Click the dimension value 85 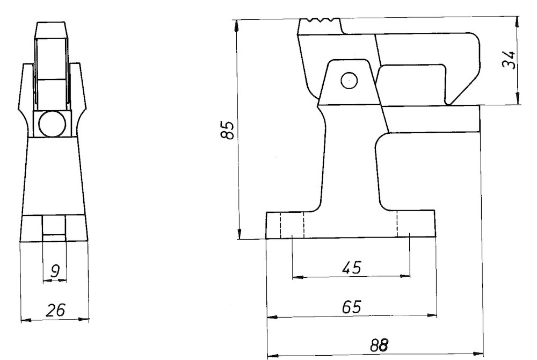pos(228,130)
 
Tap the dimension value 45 pos(352,267)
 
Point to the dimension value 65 pos(352,307)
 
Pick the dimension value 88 pos(380,345)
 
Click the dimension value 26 pos(55,310)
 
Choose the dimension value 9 pos(55,271)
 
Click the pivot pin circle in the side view pos(350,81)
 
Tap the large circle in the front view pos(53,124)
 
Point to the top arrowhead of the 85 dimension pos(236,25)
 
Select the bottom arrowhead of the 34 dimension pos(518,99)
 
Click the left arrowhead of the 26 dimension pos(26,320)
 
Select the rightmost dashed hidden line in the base pos(397,224)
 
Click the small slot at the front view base pos(53,238)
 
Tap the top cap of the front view pos(50,31)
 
